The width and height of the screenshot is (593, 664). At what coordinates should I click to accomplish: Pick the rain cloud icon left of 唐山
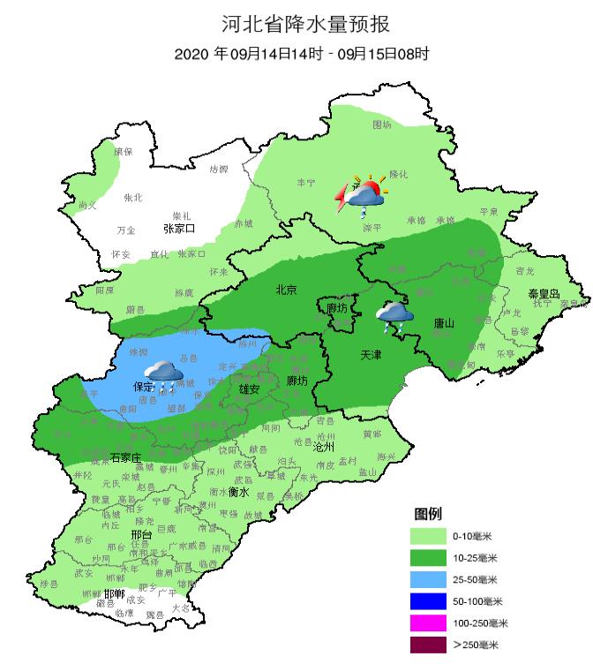click(x=394, y=316)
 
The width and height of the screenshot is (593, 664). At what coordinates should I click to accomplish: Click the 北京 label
click(x=286, y=289)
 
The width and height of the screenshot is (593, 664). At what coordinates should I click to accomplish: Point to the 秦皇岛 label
click(x=544, y=292)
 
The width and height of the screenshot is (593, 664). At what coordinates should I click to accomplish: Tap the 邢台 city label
click(x=140, y=535)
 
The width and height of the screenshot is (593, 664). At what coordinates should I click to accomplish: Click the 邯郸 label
click(x=115, y=593)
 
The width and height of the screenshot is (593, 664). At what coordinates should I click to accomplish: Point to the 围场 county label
click(x=381, y=124)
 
